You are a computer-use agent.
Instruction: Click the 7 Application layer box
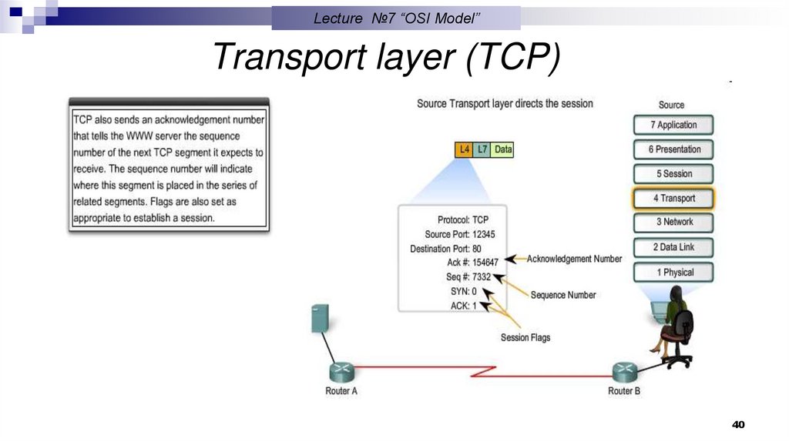point(673,125)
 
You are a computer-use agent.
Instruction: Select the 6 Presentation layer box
point(673,149)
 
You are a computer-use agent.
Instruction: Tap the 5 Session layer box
point(673,174)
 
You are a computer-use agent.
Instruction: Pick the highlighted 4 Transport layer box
point(673,198)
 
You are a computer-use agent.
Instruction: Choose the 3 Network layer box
point(673,222)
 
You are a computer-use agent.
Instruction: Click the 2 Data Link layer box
point(673,247)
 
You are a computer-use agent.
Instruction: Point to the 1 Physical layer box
point(673,272)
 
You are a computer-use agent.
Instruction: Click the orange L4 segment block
point(463,150)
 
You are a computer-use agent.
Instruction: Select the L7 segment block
point(482,150)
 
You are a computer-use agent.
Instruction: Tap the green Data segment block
point(502,150)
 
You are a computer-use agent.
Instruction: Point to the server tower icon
point(321,319)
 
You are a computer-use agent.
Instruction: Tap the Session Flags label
point(525,337)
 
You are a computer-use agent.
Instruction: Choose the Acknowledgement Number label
point(574,259)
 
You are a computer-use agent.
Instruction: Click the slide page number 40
point(738,425)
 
